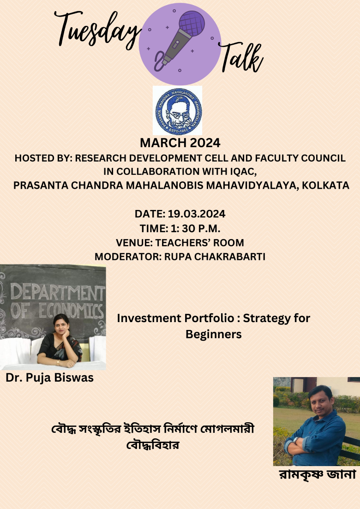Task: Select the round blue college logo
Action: [x=178, y=110]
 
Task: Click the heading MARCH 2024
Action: [x=180, y=142]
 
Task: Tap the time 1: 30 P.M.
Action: [x=180, y=228]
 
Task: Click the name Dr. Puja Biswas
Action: [x=49, y=378]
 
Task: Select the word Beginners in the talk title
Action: [x=213, y=334]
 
